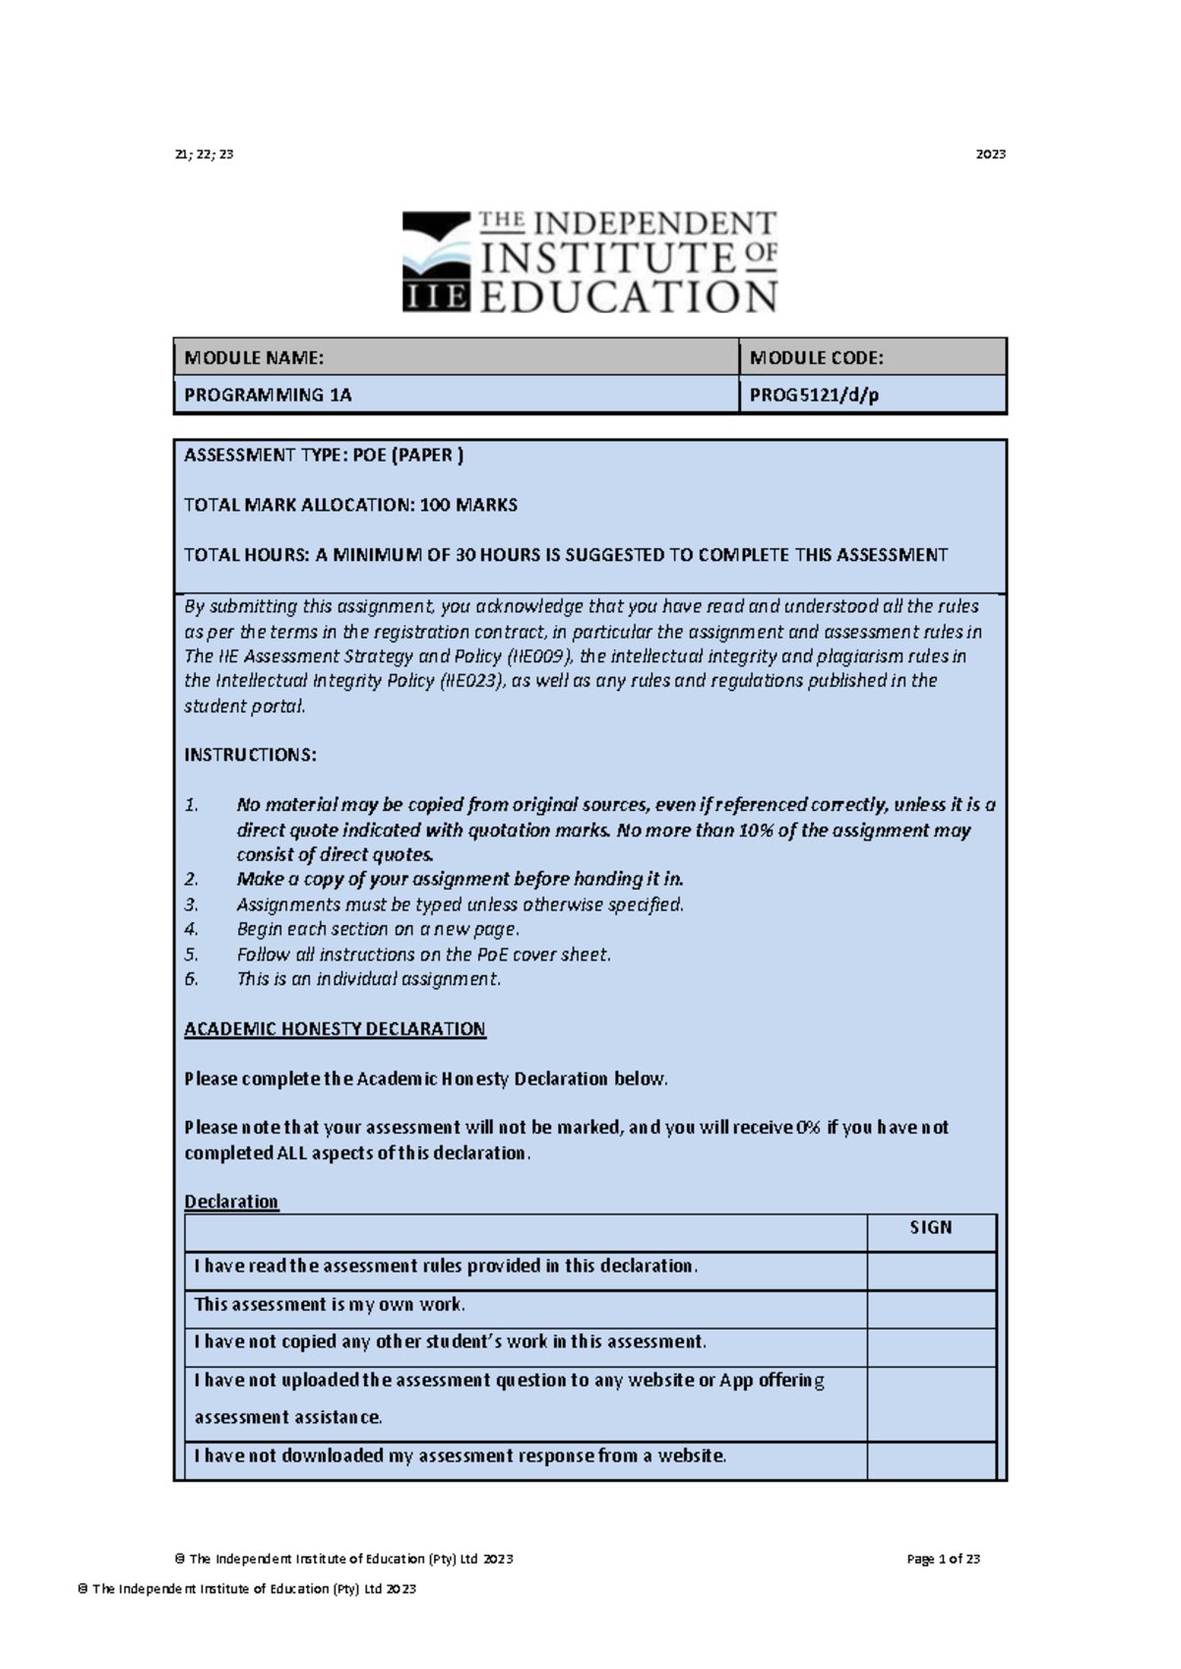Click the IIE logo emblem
pos(437,262)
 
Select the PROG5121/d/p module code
pos(814,396)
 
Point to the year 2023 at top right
pos(990,155)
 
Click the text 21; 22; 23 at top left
pos(204,155)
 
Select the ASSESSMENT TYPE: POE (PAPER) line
pos(324,456)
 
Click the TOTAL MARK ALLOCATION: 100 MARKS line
pos(350,505)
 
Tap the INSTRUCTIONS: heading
pos(250,755)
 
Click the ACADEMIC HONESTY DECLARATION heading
pos(335,1029)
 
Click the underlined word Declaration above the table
pos(231,1202)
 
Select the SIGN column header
pos(930,1228)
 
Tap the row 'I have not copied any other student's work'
pos(450,1342)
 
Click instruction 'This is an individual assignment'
pos(368,979)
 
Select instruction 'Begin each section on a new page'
pos(377,929)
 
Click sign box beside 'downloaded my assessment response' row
pos(930,1458)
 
